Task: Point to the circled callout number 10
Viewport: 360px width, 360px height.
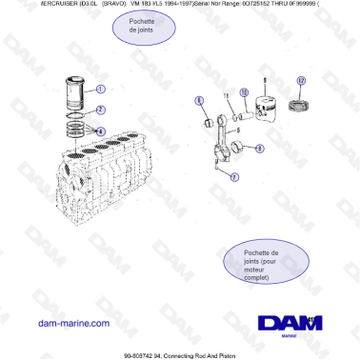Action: click(243, 92)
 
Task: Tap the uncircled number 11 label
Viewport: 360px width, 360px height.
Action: click(226, 97)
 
